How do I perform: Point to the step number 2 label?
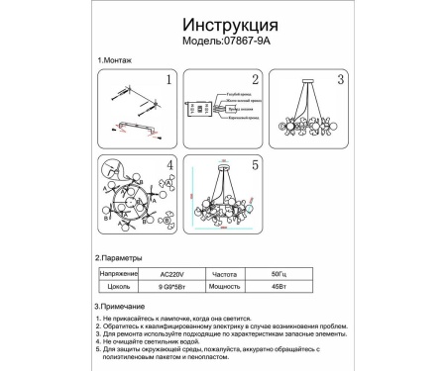click(x=255, y=82)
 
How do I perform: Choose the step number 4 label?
click(x=169, y=165)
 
